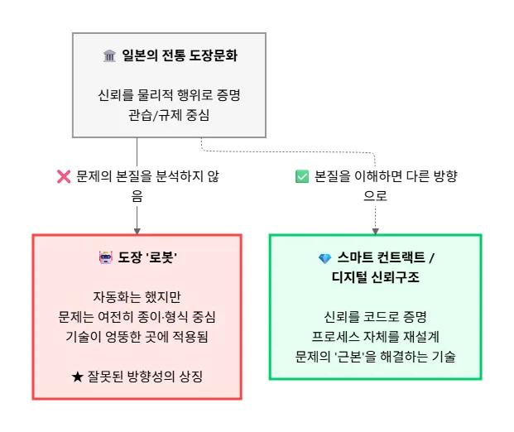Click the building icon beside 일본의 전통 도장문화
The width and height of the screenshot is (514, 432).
pyautogui.click(x=109, y=55)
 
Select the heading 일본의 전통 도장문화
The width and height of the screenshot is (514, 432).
pyautogui.click(x=176, y=55)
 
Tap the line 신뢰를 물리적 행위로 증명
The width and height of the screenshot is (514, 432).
pyautogui.click(x=169, y=95)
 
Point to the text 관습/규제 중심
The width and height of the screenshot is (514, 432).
pyautogui.click(x=169, y=115)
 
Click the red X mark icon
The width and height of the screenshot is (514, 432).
pyautogui.click(x=63, y=177)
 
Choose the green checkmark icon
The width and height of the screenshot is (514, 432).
pyautogui.click(x=302, y=177)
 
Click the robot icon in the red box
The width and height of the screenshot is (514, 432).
pyautogui.click(x=104, y=258)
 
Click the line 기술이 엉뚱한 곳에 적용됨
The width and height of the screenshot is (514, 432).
pyautogui.click(x=137, y=337)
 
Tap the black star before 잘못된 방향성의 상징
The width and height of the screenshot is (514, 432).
pyautogui.click(x=78, y=377)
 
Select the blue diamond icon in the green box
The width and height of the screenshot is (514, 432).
pyautogui.click(x=324, y=258)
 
